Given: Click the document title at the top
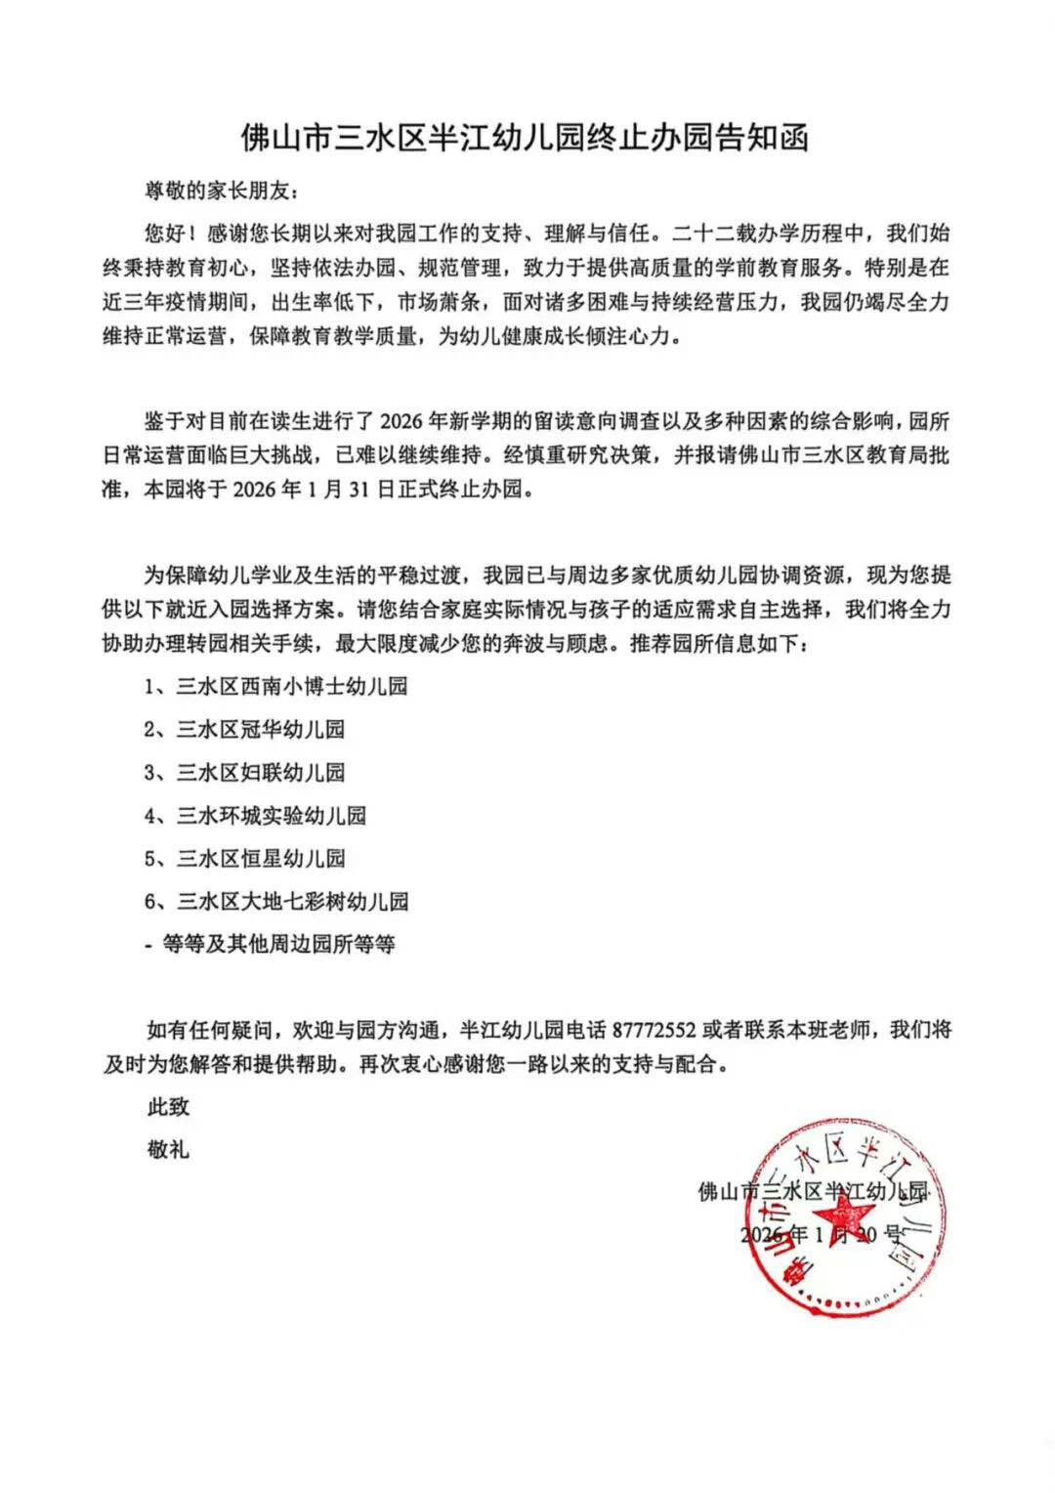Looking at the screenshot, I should pyautogui.click(x=526, y=138).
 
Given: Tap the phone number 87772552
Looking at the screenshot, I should pyautogui.click(x=654, y=1030).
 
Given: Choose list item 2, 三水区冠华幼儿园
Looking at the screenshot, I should pyautogui.click(x=245, y=730).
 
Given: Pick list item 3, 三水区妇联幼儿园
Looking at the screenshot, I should pyautogui.click(x=245, y=773).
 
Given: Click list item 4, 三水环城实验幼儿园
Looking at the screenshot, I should pyautogui.click(x=255, y=816).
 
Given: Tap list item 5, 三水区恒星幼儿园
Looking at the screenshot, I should pyautogui.click(x=245, y=859).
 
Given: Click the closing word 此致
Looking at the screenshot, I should pyautogui.click(x=168, y=1107).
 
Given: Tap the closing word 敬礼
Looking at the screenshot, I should pyautogui.click(x=168, y=1150).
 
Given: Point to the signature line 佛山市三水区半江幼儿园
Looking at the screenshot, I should pyautogui.click(x=813, y=1192).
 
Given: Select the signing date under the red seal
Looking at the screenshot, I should pyautogui.click(x=822, y=1234).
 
